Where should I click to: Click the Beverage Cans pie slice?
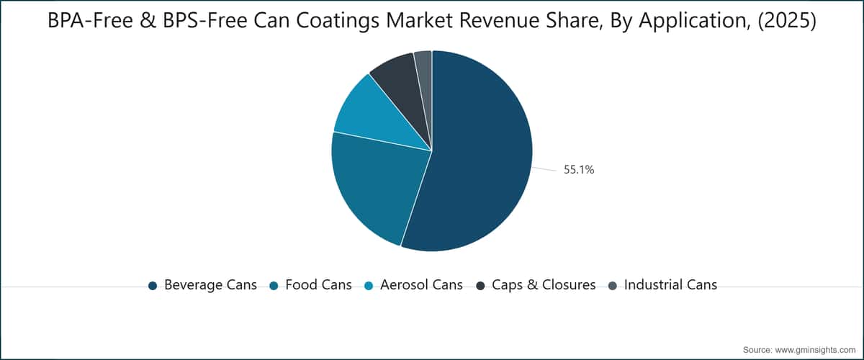coord(478,154)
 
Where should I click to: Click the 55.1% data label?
coord(579,170)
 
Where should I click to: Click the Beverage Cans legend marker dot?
coord(153,286)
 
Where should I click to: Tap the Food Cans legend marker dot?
coord(274,286)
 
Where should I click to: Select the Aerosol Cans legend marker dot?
coord(369,286)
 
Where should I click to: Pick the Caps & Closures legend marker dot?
coord(481,286)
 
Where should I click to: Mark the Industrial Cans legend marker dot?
coord(613,286)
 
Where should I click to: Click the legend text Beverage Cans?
coord(210,285)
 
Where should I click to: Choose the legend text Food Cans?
coord(318,285)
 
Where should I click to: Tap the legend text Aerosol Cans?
coord(422,285)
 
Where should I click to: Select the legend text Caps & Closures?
coord(544,285)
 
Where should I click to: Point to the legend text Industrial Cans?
coord(671,285)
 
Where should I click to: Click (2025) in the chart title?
coord(787,21)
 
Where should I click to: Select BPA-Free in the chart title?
coord(90,21)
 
